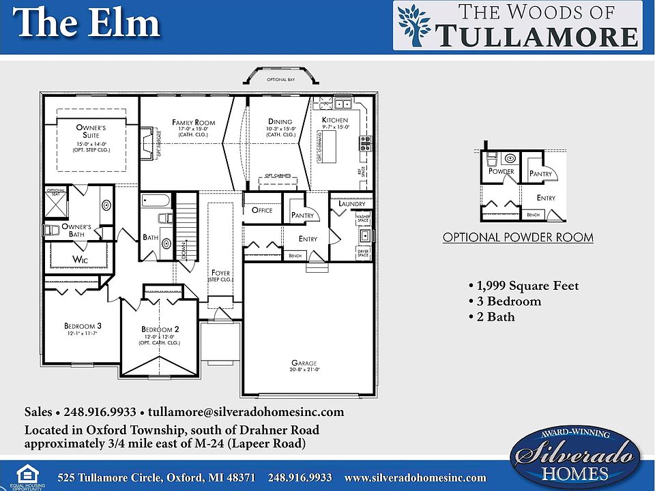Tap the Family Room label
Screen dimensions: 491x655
(193, 123)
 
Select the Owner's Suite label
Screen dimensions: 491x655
(91, 131)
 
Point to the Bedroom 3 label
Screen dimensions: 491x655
(83, 326)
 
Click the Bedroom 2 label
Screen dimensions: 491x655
(160, 329)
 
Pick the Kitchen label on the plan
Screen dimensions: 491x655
(335, 121)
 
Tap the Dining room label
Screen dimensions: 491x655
(280, 122)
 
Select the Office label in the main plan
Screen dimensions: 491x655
(262, 210)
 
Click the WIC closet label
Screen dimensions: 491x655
(81, 259)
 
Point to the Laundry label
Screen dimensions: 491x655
(352, 204)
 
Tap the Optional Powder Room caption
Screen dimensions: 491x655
(518, 238)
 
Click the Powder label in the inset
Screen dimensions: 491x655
(501, 171)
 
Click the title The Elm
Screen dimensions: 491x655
(87, 25)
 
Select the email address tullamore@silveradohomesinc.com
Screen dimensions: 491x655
(247, 412)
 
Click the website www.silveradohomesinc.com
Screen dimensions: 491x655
(415, 478)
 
